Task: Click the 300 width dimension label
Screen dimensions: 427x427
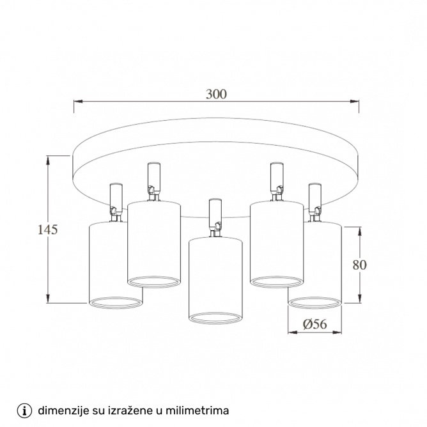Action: pyautogui.click(x=216, y=94)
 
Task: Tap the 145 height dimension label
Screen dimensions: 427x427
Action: pyautogui.click(x=48, y=230)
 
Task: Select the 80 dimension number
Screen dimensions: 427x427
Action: pyautogui.click(x=359, y=265)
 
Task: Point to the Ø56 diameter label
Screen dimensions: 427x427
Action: pyautogui.click(x=314, y=324)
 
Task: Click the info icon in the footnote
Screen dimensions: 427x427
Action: pyautogui.click(x=24, y=410)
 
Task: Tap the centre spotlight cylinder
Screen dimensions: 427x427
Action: pyautogui.click(x=215, y=281)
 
